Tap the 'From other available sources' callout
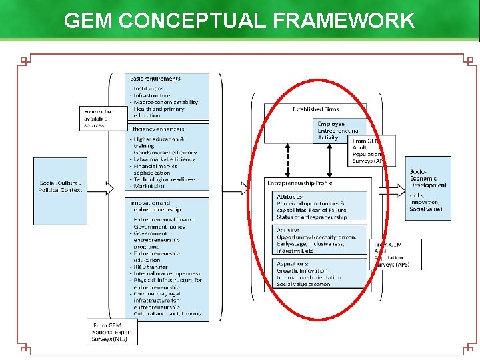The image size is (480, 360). pos(99,117)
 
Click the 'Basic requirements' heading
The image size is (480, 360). pos(155,79)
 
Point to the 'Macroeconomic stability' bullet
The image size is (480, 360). pos(167,102)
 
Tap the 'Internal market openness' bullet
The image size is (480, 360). pos(168,273)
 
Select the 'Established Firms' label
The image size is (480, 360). pos(316,109)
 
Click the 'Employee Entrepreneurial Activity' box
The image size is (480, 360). pos(339,130)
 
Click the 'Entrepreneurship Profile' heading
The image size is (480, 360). pos(300,183)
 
